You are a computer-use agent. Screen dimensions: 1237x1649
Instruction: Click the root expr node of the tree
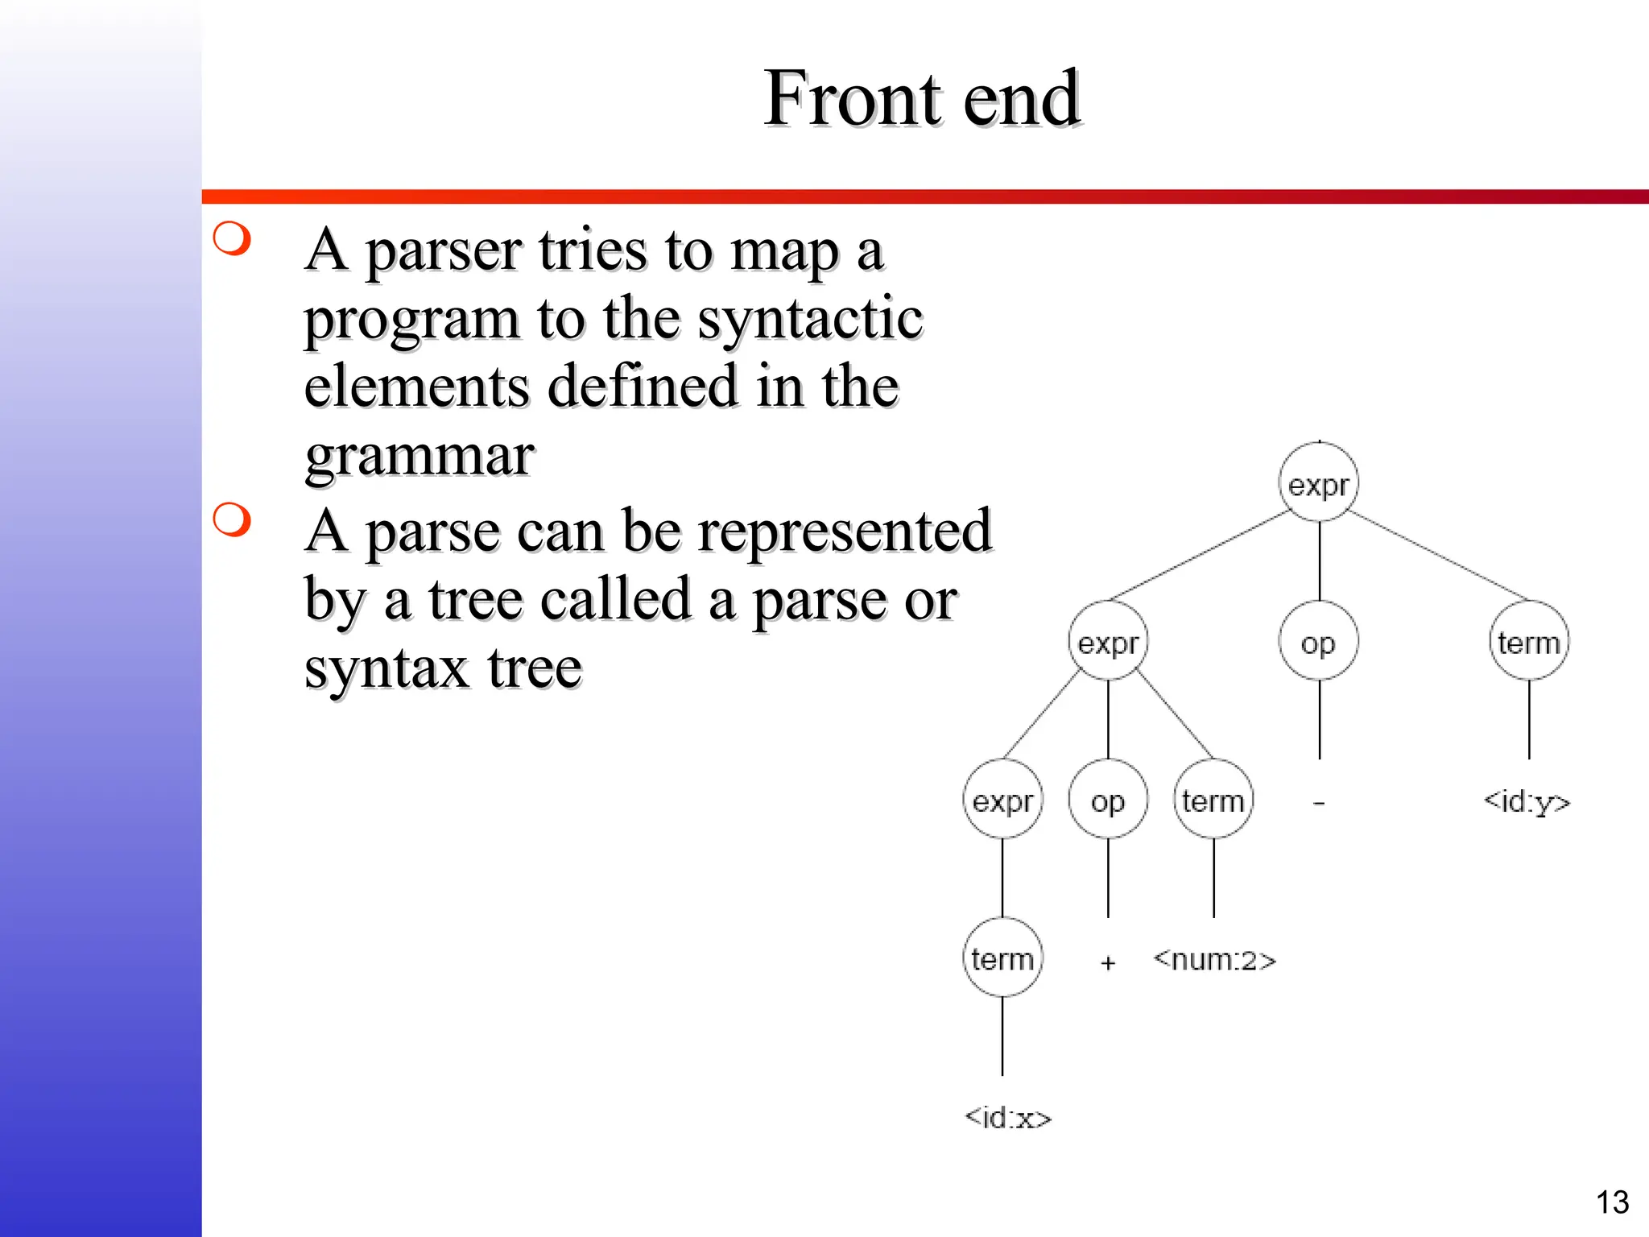[x=1319, y=483]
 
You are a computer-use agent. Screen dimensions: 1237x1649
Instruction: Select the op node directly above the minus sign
[x=1319, y=642]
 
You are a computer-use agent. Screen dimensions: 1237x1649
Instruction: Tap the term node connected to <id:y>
[x=1528, y=642]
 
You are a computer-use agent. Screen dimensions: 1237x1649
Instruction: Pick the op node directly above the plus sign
[x=1108, y=800]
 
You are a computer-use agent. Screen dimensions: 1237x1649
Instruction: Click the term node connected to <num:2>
[x=1213, y=800]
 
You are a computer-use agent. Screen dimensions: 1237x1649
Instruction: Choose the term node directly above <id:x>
[x=1002, y=958]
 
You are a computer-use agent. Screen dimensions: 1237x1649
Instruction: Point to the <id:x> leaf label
[x=1008, y=1117]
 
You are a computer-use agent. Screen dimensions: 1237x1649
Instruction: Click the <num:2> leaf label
[x=1214, y=959]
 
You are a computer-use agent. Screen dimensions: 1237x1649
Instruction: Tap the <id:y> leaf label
[x=1527, y=801]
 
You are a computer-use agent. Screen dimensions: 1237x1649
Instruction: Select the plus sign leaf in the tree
[x=1108, y=962]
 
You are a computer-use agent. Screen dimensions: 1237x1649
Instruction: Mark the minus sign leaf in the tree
[x=1318, y=803]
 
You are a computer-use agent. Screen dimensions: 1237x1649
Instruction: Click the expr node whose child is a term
[x=1002, y=800]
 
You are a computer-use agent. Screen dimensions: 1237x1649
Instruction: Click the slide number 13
[x=1612, y=1202]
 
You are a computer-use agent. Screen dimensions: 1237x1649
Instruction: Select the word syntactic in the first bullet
[x=809, y=319]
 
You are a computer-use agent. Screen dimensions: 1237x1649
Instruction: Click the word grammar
[x=419, y=456]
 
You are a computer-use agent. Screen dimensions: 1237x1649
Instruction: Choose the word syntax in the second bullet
[x=386, y=668]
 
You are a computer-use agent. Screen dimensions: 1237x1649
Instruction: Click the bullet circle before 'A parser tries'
[x=233, y=238]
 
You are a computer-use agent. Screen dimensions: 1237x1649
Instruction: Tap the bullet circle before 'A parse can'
[x=233, y=519]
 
